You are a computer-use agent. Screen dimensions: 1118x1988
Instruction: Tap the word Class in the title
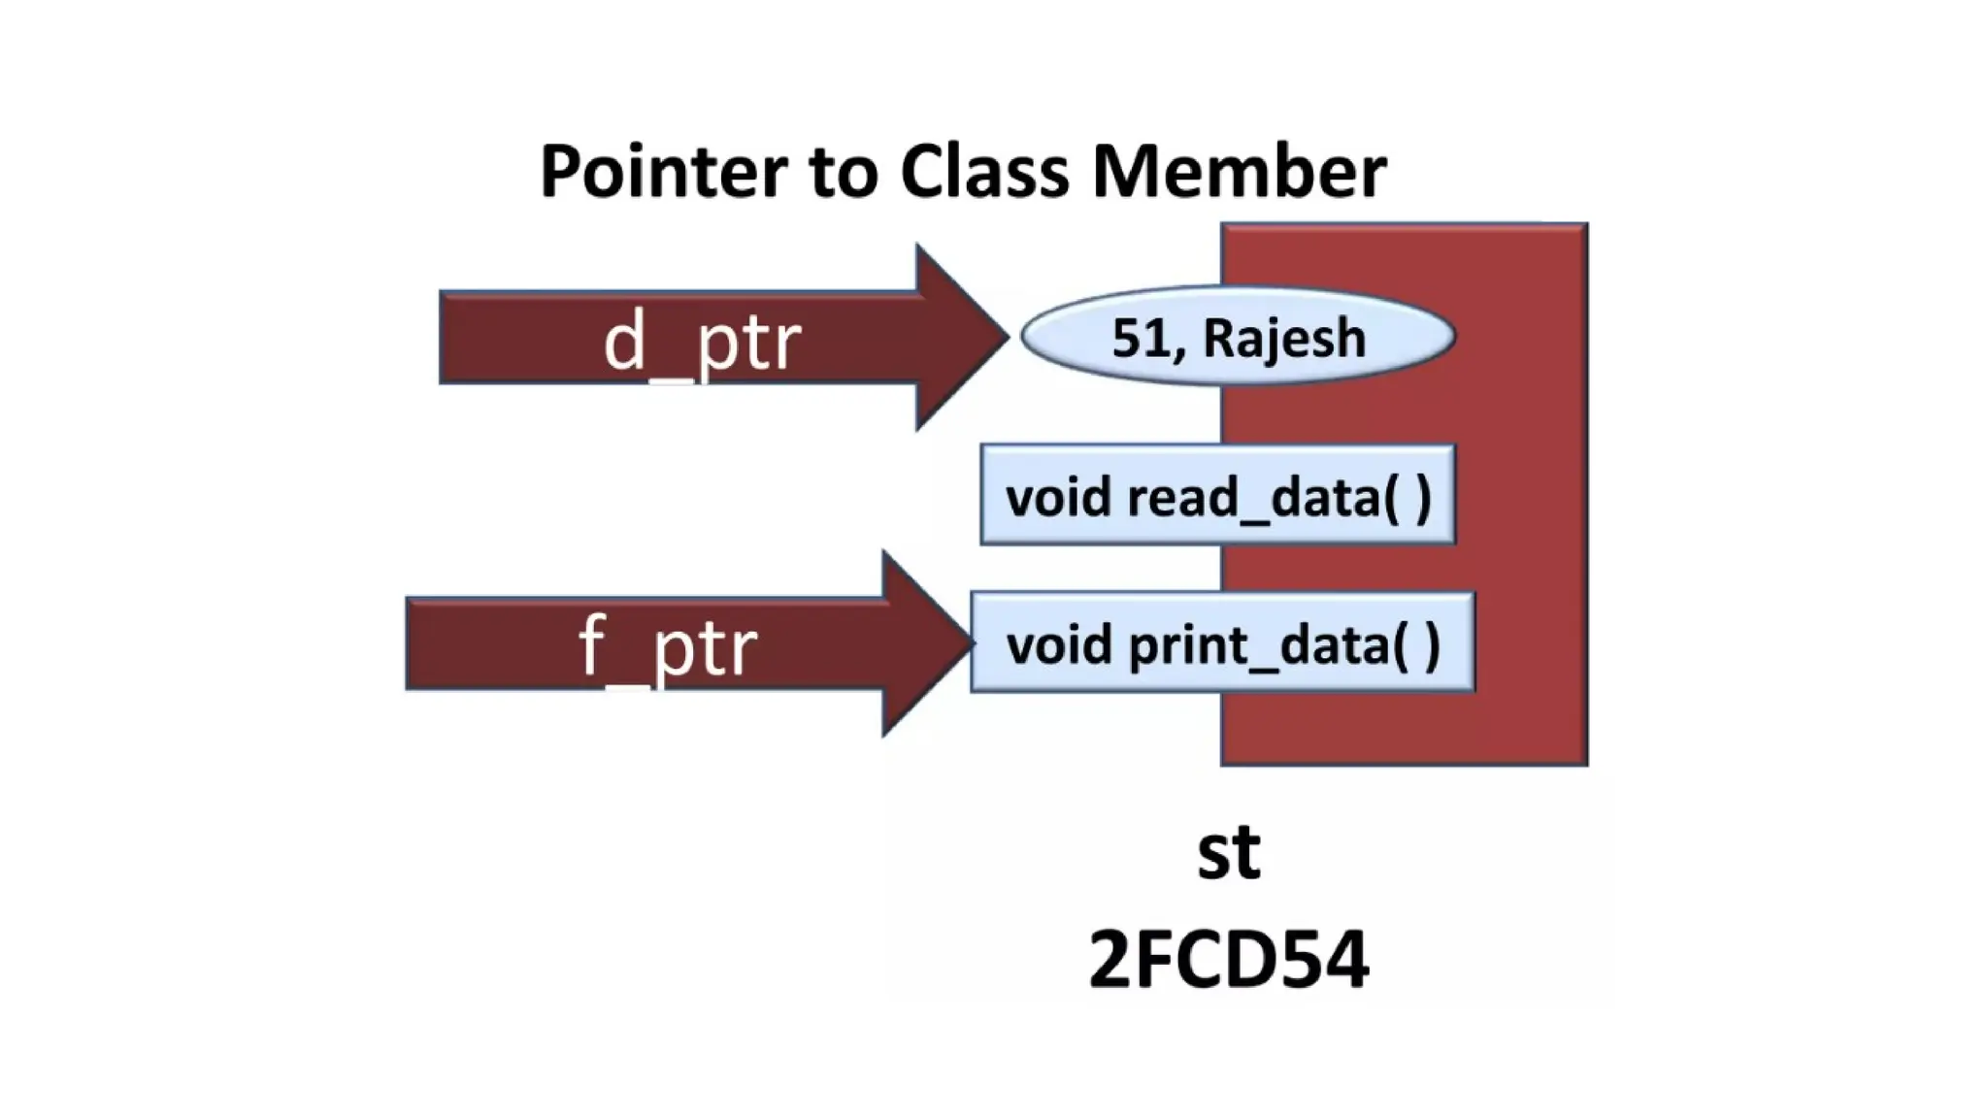(983, 172)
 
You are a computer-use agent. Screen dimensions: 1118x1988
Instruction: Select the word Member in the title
(1239, 172)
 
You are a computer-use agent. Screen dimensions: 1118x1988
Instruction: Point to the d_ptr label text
(702, 342)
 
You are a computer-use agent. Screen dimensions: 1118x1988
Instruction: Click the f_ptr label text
(668, 647)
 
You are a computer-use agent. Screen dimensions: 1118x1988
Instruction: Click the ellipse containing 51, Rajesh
(1238, 336)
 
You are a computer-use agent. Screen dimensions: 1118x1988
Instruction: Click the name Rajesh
(1283, 339)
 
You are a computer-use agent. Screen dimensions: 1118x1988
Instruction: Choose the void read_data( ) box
(1217, 495)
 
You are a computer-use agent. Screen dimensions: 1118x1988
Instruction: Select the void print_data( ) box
(1222, 642)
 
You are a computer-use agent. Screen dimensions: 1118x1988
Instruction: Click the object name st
(1228, 852)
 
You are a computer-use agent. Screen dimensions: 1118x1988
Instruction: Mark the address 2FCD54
(1228, 959)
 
